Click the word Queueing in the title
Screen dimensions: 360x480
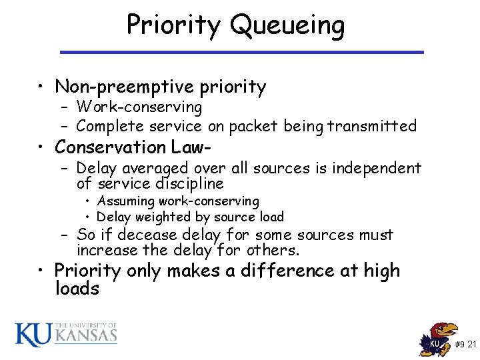pyautogui.click(x=287, y=26)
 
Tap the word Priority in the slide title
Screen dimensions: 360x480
pyautogui.click(x=175, y=26)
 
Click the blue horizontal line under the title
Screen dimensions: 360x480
pyautogui.click(x=241, y=52)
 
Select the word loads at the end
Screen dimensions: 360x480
pyautogui.click(x=77, y=289)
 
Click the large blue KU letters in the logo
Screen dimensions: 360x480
pyautogui.click(x=33, y=334)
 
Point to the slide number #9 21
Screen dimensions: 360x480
pyautogui.click(x=465, y=344)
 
